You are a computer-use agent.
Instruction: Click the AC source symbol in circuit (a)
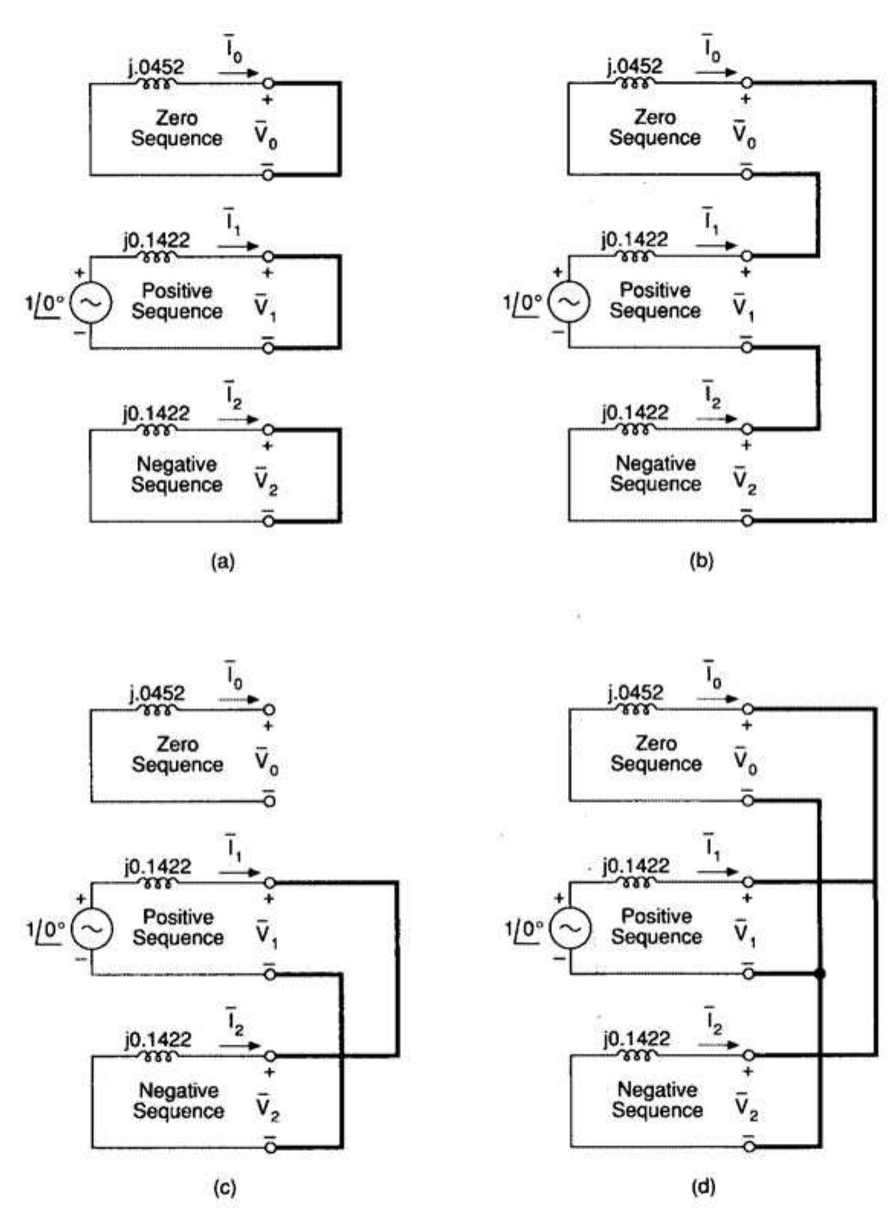click(91, 303)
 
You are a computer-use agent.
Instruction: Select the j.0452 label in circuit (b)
click(634, 66)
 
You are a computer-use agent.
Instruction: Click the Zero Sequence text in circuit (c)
click(177, 754)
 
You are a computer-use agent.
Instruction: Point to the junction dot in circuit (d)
click(819, 974)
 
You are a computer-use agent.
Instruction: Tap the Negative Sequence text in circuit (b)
click(655, 473)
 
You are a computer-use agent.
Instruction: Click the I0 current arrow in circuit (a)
click(239, 75)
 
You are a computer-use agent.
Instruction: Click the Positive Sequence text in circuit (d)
click(657, 926)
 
